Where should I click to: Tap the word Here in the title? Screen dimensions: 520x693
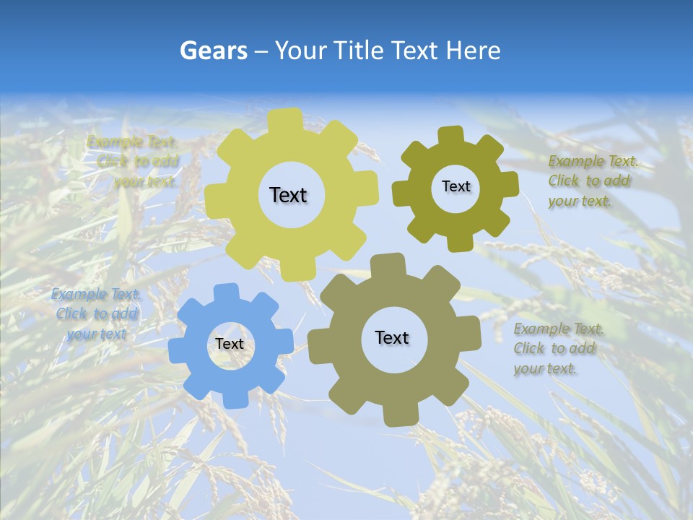point(473,51)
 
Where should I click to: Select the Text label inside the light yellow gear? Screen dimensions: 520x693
point(288,195)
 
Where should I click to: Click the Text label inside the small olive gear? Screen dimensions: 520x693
point(456,186)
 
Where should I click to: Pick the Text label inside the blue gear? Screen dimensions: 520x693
point(230,344)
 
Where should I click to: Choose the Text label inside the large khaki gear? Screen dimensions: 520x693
point(392,337)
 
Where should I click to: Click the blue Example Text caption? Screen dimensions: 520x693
point(95,314)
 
